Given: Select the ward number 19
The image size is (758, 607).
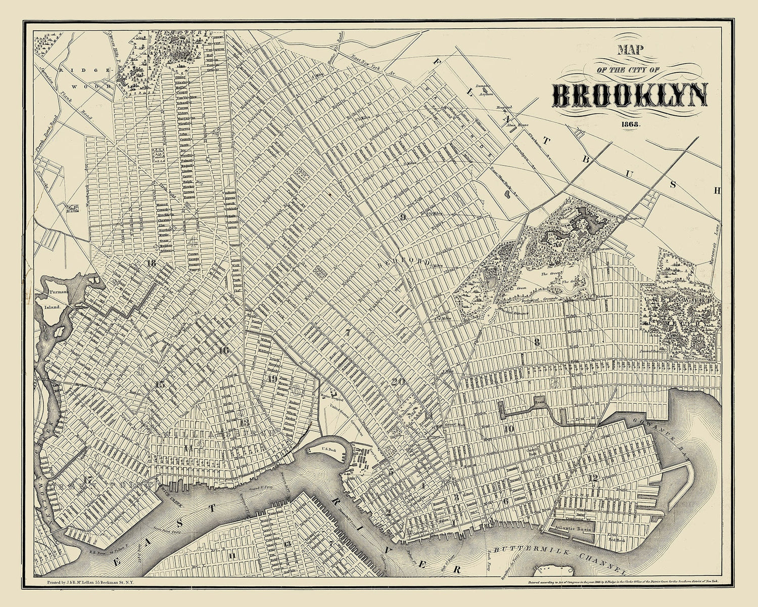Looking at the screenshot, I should [272, 378].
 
